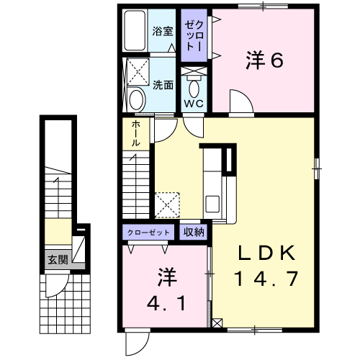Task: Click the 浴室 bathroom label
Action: [x=163, y=31]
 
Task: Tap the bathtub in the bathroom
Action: [x=135, y=32]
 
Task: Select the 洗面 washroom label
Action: [x=163, y=84]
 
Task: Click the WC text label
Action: [x=194, y=103]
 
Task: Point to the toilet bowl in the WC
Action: [x=194, y=86]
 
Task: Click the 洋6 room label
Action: [x=264, y=61]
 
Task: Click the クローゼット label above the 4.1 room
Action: [x=149, y=232]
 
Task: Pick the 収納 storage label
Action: [x=193, y=232]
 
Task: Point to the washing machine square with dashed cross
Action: [x=135, y=72]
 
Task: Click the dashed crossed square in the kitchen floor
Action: [x=168, y=204]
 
